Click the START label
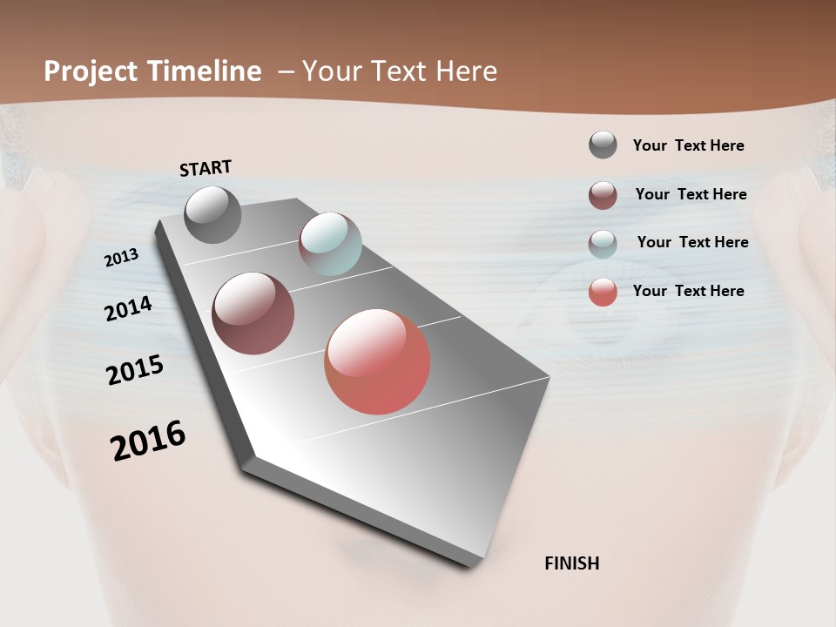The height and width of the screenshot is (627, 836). [206, 167]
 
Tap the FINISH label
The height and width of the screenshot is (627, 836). [571, 563]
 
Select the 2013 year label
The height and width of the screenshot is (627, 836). [121, 258]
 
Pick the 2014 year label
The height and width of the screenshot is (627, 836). [128, 308]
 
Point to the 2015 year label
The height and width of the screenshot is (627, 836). [135, 370]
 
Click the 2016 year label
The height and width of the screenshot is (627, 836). [148, 441]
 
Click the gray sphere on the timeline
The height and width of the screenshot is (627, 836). [212, 214]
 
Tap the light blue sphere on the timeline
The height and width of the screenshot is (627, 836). [330, 244]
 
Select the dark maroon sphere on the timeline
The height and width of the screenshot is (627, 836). [253, 313]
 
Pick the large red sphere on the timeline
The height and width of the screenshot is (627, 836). [377, 361]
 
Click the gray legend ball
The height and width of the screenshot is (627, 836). [603, 145]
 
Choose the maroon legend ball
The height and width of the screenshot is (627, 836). [603, 195]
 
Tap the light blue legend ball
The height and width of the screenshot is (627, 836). [603, 244]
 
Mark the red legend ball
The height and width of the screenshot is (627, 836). [603, 292]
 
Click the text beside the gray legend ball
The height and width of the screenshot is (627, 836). [688, 145]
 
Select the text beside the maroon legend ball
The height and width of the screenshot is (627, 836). [691, 194]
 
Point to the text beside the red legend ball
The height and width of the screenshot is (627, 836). [688, 291]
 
